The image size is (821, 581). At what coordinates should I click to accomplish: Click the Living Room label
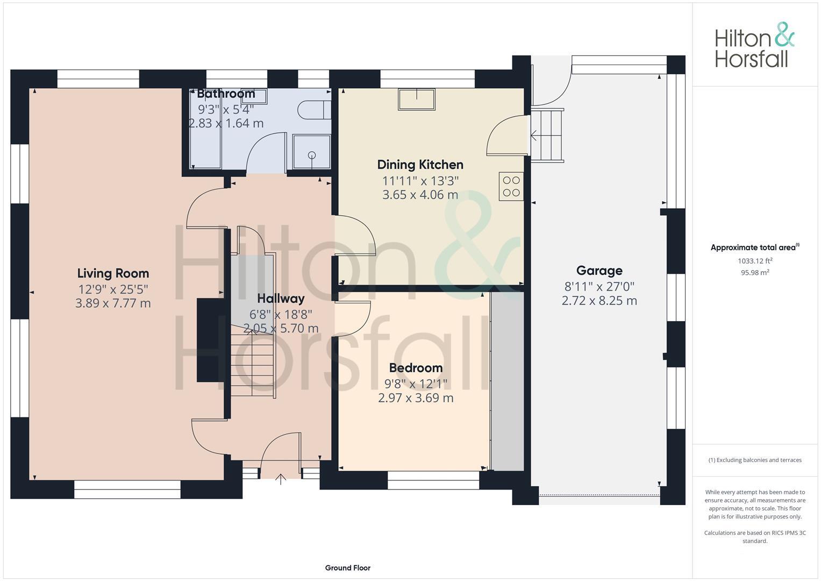(113, 273)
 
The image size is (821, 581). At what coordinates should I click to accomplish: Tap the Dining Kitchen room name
(420, 165)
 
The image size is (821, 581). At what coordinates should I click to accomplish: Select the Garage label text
(599, 271)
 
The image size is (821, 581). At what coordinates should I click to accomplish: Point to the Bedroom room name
(416, 368)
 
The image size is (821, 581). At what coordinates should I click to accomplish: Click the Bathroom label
(226, 94)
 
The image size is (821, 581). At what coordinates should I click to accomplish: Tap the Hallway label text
(281, 299)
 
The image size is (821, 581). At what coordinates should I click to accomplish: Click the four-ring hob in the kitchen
(511, 186)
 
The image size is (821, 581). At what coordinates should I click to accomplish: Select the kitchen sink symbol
(416, 100)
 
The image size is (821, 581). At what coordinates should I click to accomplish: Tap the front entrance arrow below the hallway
(281, 479)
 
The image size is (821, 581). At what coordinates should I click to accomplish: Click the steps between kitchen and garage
(547, 136)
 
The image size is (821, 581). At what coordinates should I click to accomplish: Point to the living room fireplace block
(210, 340)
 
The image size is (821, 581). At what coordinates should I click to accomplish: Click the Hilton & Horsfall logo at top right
(754, 45)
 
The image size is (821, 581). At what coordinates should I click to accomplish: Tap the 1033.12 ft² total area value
(755, 261)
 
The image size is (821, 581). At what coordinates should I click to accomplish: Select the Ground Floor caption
(347, 568)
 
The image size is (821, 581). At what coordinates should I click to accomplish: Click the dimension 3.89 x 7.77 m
(113, 303)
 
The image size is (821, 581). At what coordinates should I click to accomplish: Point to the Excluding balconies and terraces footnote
(755, 460)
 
